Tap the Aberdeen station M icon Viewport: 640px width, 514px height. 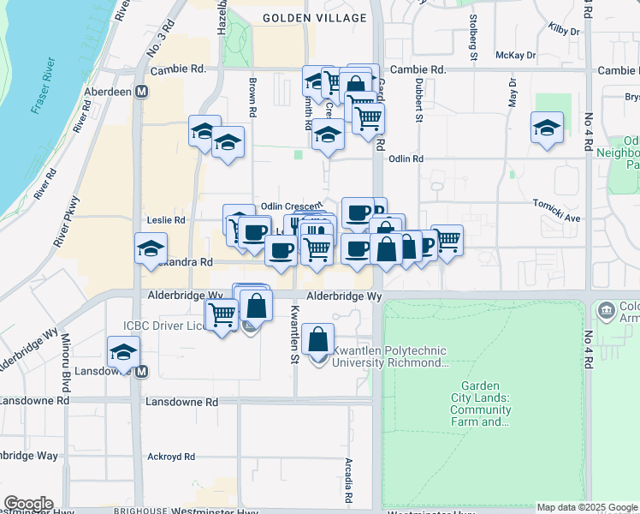point(141,91)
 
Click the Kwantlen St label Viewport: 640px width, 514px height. point(293,334)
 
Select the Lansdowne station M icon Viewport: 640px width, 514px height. point(142,372)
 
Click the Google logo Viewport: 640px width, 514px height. point(28,504)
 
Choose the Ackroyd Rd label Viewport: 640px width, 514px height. point(171,457)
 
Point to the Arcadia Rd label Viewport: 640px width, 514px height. point(349,480)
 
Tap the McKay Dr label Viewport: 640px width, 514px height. point(515,55)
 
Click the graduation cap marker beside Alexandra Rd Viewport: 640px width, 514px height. point(151,248)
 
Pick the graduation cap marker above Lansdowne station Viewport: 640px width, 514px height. point(123,351)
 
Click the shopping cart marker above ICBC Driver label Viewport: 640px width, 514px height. point(222,314)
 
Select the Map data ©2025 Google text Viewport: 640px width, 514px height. point(587,508)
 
